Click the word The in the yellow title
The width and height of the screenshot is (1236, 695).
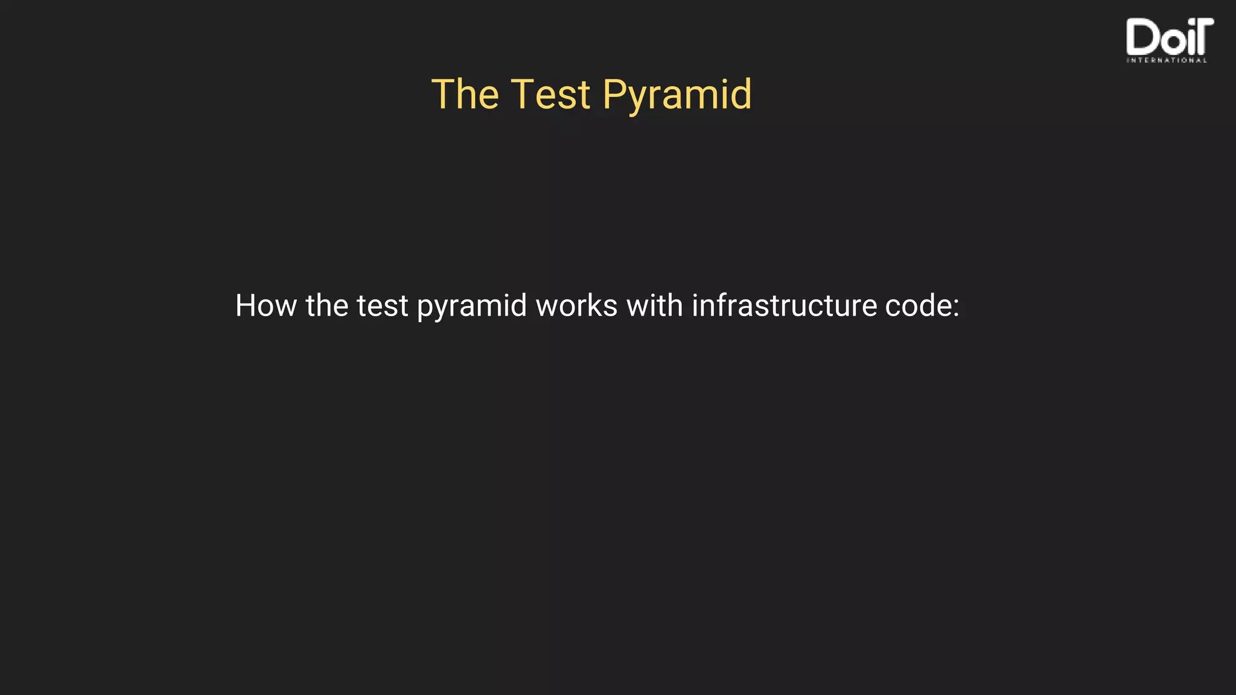pyautogui.click(x=465, y=95)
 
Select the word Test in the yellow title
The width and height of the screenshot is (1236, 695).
pyautogui.click(x=550, y=95)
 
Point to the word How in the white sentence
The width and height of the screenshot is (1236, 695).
pyautogui.click(x=266, y=305)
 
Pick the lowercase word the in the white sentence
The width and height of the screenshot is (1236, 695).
pyautogui.click(x=327, y=305)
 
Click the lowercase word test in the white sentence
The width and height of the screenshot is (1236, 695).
pyautogui.click(x=383, y=306)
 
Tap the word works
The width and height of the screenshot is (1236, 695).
pyautogui.click(x=576, y=305)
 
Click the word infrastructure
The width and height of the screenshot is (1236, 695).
pyautogui.click(x=784, y=305)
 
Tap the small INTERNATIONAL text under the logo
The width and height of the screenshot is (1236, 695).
pyautogui.click(x=1167, y=60)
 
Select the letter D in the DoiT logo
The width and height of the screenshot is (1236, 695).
pyautogui.click(x=1139, y=37)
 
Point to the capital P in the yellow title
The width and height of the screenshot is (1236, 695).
pyautogui.click(x=616, y=95)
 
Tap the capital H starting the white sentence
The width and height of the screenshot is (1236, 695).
pyautogui.click(x=247, y=305)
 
